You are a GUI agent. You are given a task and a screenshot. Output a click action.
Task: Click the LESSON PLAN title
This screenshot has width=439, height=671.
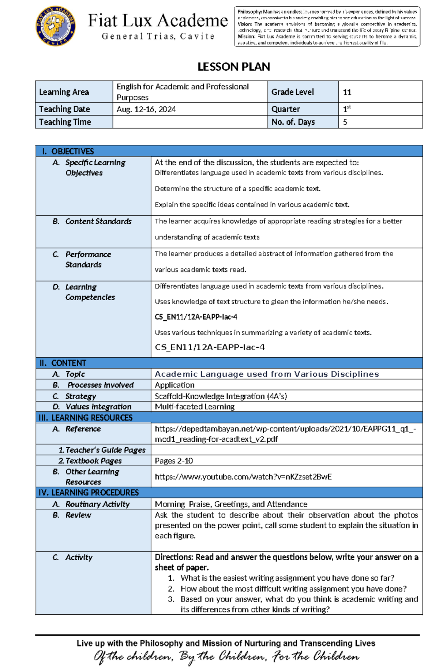(x=234, y=67)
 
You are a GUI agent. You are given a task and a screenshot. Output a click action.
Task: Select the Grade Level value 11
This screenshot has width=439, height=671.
(x=347, y=92)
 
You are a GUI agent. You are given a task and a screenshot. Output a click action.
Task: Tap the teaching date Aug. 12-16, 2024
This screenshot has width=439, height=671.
(x=146, y=109)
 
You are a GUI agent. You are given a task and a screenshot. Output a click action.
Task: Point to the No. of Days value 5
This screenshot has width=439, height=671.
(x=345, y=122)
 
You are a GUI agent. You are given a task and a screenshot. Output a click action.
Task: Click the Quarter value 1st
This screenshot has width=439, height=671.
(x=346, y=109)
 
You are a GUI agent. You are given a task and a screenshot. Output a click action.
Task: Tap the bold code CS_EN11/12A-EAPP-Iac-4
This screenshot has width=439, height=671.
(x=196, y=317)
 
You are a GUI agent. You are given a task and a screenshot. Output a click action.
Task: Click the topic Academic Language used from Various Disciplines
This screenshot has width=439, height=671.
(x=267, y=374)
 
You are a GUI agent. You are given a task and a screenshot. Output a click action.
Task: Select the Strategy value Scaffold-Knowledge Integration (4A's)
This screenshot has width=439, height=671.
(x=221, y=396)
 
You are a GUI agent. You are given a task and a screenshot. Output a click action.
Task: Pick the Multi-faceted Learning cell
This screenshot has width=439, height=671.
(x=195, y=407)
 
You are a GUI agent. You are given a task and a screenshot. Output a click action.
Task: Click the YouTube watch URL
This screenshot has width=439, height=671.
(x=243, y=477)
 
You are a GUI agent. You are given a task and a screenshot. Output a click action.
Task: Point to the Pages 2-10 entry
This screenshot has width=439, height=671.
(x=174, y=461)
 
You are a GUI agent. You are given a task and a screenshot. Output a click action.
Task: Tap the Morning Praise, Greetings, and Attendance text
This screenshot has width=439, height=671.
(x=231, y=504)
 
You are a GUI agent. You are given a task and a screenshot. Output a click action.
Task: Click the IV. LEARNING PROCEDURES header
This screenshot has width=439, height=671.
(x=89, y=493)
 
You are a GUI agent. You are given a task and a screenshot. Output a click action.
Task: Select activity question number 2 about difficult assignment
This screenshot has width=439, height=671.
(x=293, y=589)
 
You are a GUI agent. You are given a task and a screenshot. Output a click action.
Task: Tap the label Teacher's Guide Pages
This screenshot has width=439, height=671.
(x=102, y=450)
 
